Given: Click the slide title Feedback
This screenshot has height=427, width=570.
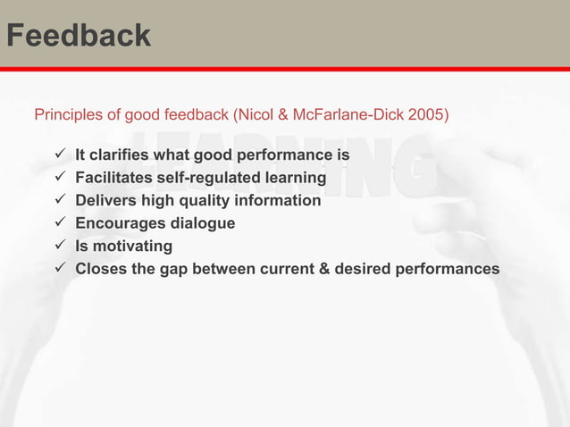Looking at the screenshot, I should pos(78,36).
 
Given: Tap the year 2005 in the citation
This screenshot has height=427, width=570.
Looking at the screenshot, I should pos(430,115).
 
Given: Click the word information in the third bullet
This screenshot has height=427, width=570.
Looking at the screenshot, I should pos(281,200).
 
